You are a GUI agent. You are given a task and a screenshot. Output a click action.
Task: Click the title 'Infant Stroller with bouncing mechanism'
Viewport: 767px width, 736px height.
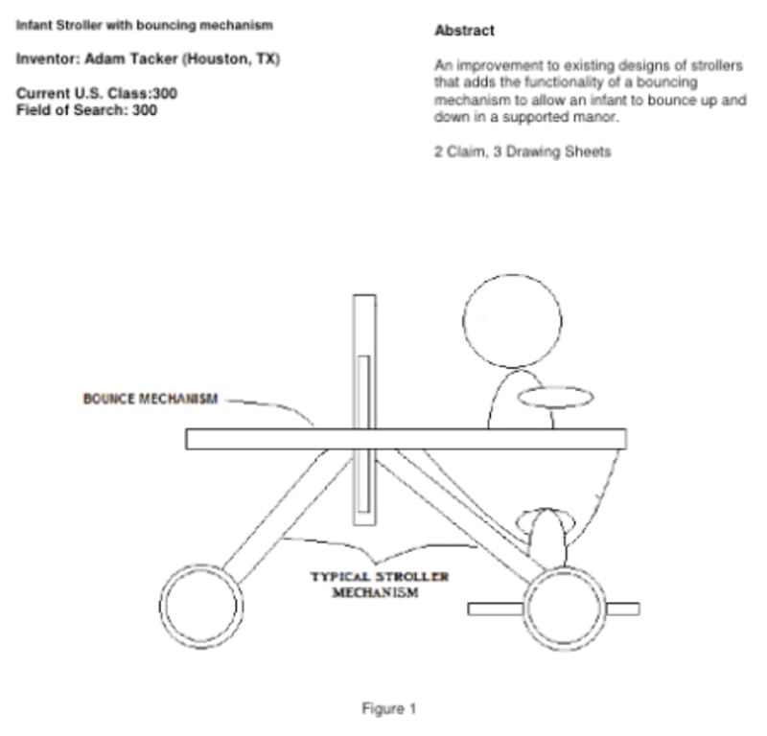[x=144, y=24]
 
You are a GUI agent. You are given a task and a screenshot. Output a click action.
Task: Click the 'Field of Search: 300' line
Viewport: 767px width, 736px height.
[x=87, y=110]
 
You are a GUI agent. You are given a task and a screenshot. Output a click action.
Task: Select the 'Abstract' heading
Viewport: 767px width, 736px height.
[x=464, y=31]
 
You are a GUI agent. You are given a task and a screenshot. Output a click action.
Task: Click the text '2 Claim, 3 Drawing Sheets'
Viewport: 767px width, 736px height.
[x=522, y=151]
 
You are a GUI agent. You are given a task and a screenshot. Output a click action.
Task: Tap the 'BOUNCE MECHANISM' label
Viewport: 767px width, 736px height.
[x=151, y=399]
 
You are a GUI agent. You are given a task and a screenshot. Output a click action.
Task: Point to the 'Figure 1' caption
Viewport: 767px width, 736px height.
[x=388, y=709]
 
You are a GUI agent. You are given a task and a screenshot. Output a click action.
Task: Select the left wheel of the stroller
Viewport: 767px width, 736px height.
[x=200, y=606]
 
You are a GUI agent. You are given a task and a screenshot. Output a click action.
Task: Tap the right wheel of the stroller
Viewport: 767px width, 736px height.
[x=565, y=606]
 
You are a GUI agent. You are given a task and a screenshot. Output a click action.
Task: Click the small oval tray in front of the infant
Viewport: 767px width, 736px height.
[x=556, y=395]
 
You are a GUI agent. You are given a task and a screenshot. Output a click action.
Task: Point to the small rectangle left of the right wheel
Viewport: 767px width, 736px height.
[x=495, y=608]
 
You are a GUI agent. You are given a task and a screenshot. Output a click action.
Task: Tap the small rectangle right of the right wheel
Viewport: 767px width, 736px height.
[x=622, y=608]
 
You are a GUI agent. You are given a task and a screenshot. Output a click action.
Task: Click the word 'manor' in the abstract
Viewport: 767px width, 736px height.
[x=594, y=118]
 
